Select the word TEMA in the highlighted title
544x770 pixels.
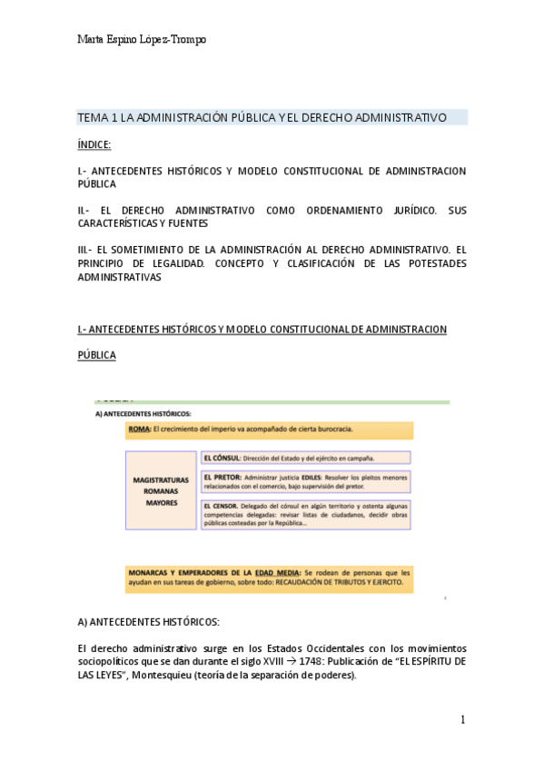92,118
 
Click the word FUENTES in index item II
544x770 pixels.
189,222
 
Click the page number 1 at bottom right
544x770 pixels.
462,720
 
